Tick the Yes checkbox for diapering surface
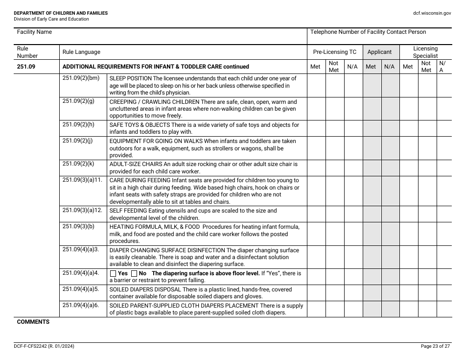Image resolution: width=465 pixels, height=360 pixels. click(x=113, y=274)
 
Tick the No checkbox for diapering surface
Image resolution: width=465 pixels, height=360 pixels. click(x=134, y=274)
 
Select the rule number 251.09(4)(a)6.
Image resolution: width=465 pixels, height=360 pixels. click(x=81, y=305)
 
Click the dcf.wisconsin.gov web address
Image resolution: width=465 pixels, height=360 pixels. click(x=432, y=13)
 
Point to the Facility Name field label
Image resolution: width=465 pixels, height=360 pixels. click(x=34, y=32)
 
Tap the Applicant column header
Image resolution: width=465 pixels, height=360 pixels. click(x=379, y=52)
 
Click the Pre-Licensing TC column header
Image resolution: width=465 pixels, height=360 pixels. click(x=335, y=52)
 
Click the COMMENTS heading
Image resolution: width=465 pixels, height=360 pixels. click(x=33, y=322)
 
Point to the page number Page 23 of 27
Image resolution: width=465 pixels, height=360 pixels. click(x=436, y=346)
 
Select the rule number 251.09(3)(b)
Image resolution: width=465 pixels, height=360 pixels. click(x=78, y=227)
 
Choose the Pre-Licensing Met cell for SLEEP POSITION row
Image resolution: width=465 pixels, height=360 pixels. click(x=316, y=85)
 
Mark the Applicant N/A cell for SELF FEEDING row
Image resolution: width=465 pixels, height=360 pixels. click(x=390, y=214)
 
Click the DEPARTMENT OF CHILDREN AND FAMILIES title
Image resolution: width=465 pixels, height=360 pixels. click(x=61, y=13)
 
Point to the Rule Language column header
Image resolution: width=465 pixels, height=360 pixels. click(x=81, y=52)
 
